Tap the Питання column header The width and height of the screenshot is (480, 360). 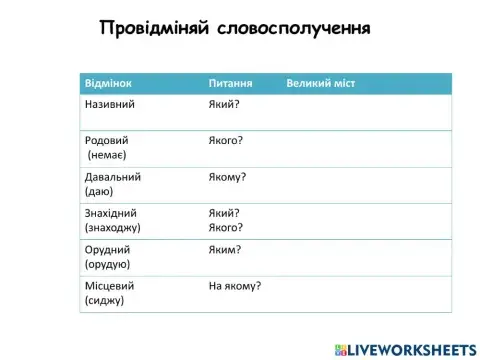click(x=229, y=83)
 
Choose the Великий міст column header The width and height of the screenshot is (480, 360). click(x=320, y=83)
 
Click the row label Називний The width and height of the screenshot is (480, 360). click(x=110, y=103)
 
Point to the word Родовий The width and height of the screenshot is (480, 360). click(x=107, y=140)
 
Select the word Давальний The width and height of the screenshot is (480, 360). click(x=113, y=176)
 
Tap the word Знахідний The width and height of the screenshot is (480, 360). click(x=111, y=212)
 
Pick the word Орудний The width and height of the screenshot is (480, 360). click(x=108, y=249)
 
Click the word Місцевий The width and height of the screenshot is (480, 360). click(x=110, y=285)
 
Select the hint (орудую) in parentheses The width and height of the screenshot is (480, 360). click(x=108, y=264)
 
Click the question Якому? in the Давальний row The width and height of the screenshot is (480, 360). click(x=227, y=177)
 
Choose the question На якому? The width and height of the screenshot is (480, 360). click(x=235, y=285)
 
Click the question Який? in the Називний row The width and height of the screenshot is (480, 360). click(x=224, y=103)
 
